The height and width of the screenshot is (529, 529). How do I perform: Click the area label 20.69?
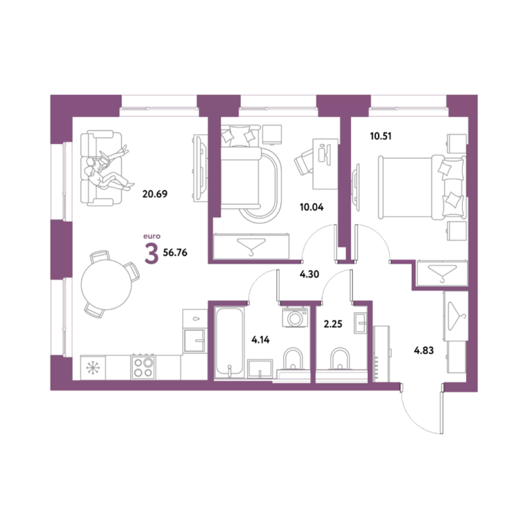pos(155,194)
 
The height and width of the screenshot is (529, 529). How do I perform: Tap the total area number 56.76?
pos(175,253)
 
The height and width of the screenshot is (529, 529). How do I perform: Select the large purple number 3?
pos(152,253)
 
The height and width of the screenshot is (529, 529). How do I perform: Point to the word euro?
pos(152,236)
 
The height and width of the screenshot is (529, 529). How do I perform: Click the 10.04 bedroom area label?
pos(312,207)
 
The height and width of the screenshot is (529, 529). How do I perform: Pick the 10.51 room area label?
pos(381,136)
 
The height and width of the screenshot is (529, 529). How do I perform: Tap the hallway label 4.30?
pos(309,274)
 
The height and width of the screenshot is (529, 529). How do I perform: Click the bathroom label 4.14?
pos(260,340)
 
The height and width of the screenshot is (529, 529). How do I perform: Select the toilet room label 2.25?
pos(333,324)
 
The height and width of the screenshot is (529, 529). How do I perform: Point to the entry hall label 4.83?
pos(424,351)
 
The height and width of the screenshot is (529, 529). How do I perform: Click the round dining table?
pos(106,284)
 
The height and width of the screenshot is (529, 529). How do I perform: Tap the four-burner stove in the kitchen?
pos(143,367)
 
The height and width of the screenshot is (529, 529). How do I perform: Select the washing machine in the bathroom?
pos(295,317)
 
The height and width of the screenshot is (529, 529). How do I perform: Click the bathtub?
pos(229,342)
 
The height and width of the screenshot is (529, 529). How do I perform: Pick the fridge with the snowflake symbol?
pos(93,367)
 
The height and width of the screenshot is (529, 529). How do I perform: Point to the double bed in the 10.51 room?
pos(422,187)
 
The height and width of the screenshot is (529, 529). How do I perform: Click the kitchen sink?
pos(194,340)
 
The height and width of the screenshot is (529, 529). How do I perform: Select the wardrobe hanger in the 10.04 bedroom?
pos(251,246)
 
